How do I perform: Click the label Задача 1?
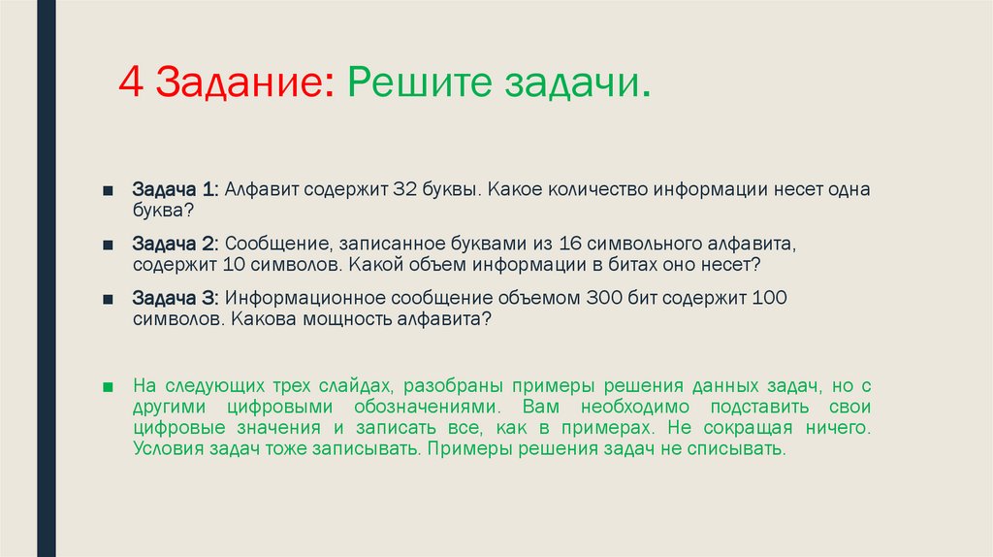176,188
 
